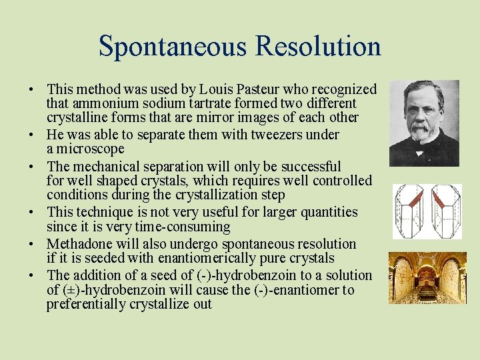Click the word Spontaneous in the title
click(173, 46)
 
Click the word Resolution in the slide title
click(318, 46)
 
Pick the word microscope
click(91, 149)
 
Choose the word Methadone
click(79, 244)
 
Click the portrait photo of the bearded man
click(424, 123)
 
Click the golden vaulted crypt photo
click(424, 278)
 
